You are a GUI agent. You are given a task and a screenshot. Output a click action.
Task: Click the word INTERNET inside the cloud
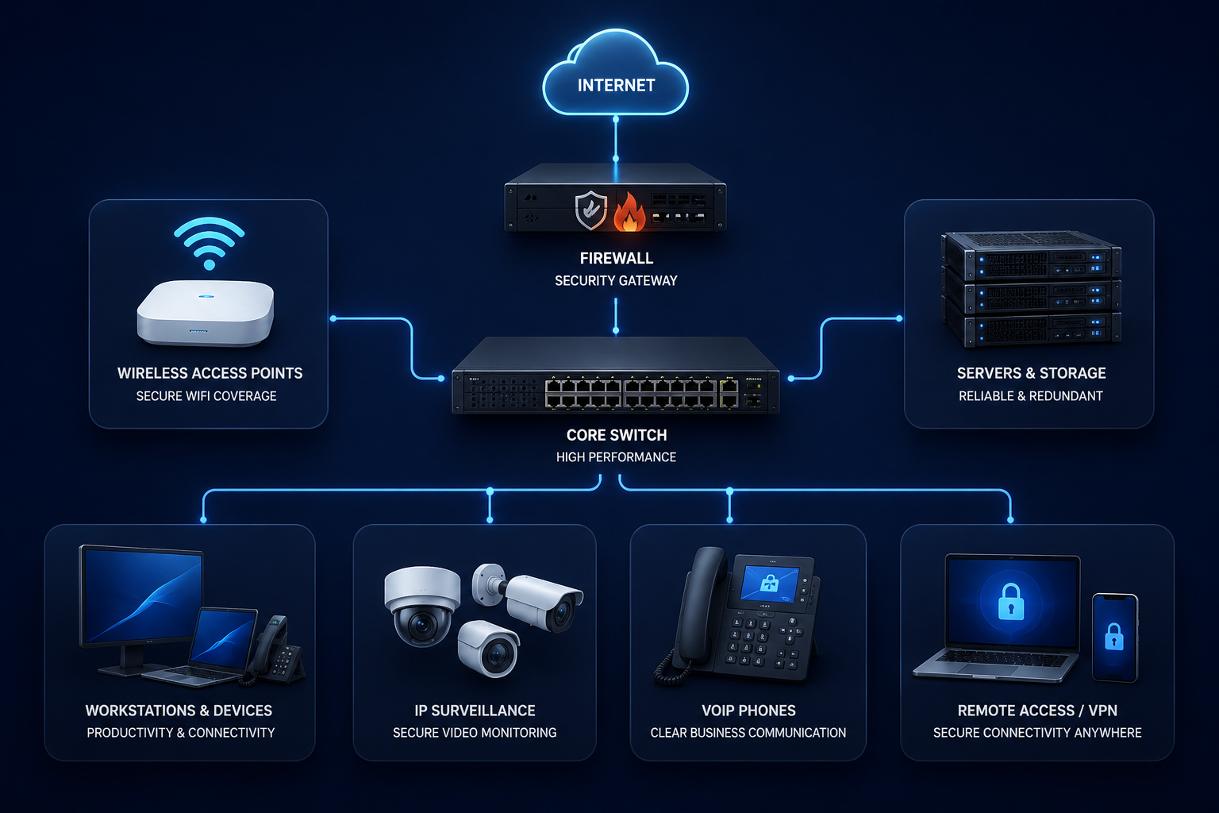click(616, 86)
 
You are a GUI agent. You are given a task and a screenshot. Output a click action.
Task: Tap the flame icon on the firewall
click(629, 212)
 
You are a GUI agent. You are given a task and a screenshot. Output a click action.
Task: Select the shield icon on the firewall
click(591, 210)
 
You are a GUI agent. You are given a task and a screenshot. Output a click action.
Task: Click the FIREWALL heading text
click(616, 258)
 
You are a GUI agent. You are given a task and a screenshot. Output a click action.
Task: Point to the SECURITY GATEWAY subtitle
click(616, 281)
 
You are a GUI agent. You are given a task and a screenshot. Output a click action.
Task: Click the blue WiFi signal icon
click(209, 243)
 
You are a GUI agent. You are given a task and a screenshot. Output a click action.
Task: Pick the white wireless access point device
click(206, 313)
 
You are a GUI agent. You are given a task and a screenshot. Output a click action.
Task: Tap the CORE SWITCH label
click(616, 435)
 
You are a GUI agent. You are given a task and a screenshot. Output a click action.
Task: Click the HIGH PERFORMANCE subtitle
click(616, 457)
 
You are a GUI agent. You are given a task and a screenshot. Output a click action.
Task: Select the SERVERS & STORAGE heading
click(1031, 373)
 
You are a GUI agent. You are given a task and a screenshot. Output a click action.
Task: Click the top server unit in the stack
click(1031, 255)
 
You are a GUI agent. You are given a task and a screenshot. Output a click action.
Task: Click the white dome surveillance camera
click(422, 606)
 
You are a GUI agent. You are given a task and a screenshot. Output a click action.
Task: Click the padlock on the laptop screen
click(1011, 602)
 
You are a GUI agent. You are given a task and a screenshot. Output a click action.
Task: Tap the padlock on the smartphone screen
click(1114, 637)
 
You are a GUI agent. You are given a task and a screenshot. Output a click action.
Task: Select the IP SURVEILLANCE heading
click(475, 711)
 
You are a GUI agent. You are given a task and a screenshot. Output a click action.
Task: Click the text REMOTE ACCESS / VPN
click(1037, 711)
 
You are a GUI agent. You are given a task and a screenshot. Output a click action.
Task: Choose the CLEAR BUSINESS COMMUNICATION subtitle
click(748, 733)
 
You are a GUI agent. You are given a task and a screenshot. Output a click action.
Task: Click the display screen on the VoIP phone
click(769, 584)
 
